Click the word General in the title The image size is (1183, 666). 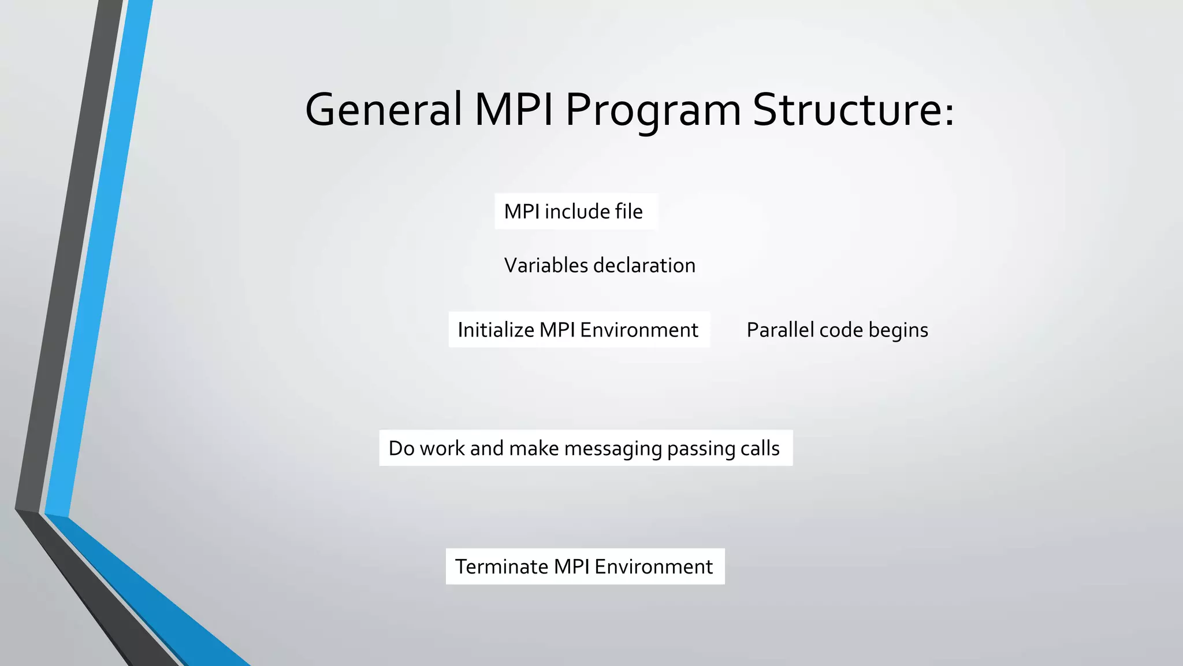[x=384, y=110]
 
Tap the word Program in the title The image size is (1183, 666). [x=653, y=111]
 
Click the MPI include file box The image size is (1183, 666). [x=576, y=212]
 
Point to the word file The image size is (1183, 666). [x=628, y=212]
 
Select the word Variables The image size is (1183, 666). [x=546, y=265]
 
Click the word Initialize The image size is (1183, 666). [x=496, y=330]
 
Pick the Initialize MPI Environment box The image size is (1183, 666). [x=579, y=330]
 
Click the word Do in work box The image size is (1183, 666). [x=401, y=449]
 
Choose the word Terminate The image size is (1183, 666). [x=501, y=567]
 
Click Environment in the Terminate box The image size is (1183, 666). [x=653, y=567]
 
